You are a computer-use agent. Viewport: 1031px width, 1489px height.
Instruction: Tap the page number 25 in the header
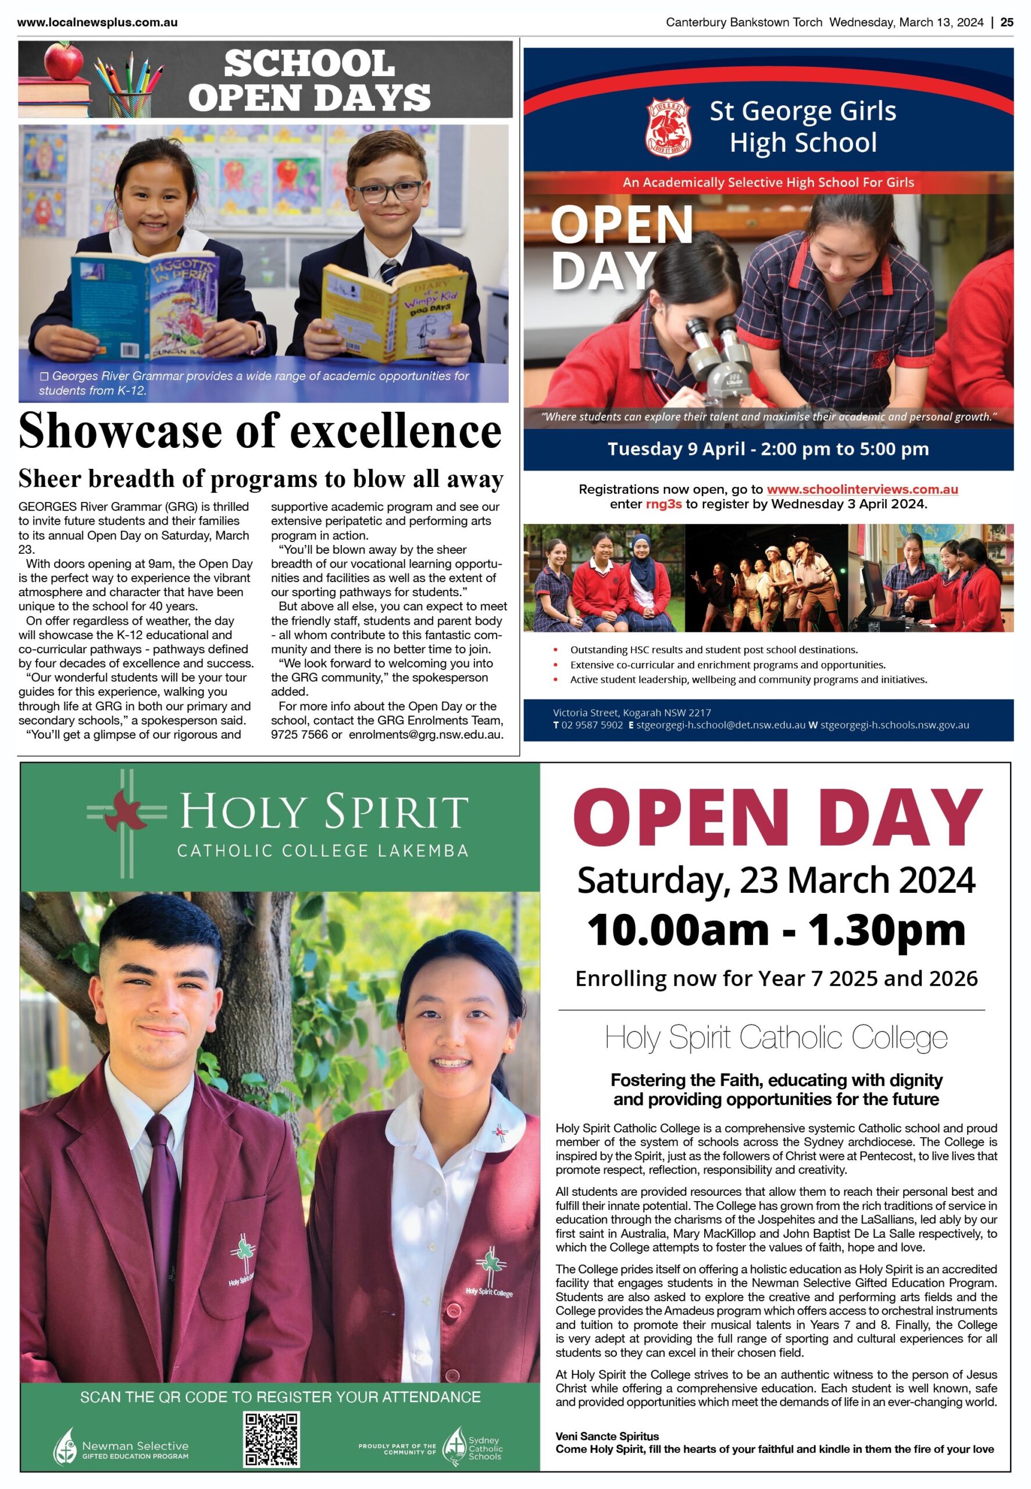tap(1007, 23)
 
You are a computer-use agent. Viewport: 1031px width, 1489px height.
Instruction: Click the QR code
tap(272, 1439)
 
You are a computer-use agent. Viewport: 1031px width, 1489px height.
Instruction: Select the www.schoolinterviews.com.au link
tap(862, 490)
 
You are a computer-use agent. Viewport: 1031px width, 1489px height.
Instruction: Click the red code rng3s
tap(663, 504)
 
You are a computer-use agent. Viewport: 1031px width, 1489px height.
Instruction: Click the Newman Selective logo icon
tap(65, 1446)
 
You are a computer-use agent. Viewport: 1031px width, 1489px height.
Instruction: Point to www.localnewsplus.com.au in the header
tap(98, 23)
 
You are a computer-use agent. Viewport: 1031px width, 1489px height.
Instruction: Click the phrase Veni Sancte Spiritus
tap(607, 1436)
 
